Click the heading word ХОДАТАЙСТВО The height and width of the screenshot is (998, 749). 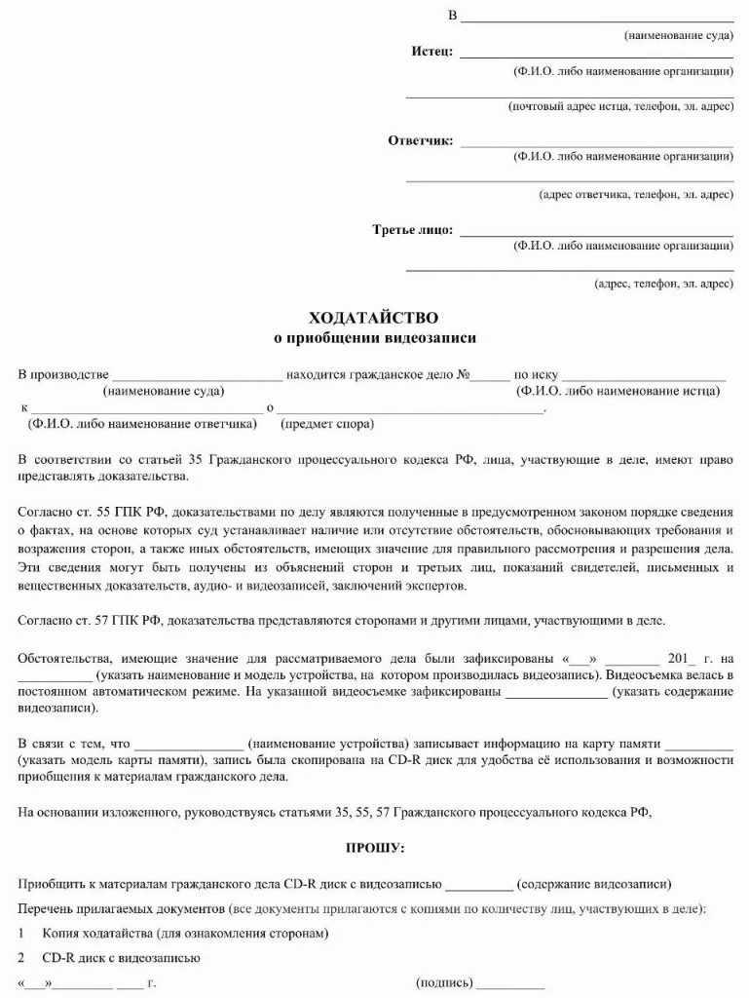coord(374,318)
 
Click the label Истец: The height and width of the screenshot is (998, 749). coord(429,52)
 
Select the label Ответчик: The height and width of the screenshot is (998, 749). coord(421,140)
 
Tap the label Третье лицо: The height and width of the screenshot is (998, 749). coord(412,230)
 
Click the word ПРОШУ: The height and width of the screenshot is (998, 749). coord(375,848)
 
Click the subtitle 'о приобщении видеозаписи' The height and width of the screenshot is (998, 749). coord(374,338)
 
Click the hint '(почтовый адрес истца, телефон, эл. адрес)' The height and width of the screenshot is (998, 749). coord(620,105)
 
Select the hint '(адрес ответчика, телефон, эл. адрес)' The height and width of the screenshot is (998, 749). coord(636,194)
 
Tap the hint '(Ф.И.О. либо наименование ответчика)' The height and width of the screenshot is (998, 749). coord(143,424)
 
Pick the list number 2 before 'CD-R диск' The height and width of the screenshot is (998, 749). coord(21,957)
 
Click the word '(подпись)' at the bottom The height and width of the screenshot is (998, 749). coord(444,981)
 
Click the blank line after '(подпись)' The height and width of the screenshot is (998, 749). coord(510,982)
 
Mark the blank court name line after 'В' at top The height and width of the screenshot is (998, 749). coord(596,19)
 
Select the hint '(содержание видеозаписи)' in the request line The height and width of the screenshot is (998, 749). coord(594,884)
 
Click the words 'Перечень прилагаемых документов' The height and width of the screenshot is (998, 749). coord(121,908)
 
